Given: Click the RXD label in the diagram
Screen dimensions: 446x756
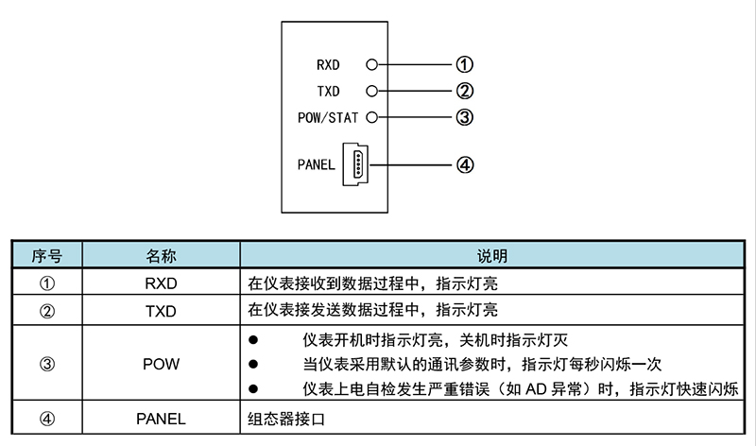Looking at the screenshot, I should coord(329,65).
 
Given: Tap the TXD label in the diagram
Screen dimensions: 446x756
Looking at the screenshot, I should coord(329,92).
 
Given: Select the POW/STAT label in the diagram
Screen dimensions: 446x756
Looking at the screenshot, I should coord(329,118).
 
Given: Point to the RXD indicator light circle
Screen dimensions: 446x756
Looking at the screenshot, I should coord(371,65).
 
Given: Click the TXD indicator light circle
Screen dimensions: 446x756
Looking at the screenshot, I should coord(371,92).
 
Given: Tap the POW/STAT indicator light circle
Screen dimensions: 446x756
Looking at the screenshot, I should coord(371,118).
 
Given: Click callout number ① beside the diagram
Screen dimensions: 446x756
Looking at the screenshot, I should coord(464,65).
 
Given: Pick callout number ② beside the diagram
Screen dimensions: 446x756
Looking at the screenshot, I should coord(464,92).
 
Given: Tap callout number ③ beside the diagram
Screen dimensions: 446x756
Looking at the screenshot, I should coord(464,118).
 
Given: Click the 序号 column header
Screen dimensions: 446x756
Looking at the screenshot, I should coord(47,256).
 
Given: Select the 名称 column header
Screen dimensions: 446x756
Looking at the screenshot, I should coord(161,256).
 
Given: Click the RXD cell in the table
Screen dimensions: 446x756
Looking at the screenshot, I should coord(161,283).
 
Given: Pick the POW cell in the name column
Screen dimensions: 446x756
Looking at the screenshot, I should coord(161,364).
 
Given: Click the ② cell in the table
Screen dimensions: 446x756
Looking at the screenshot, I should coord(47,310).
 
